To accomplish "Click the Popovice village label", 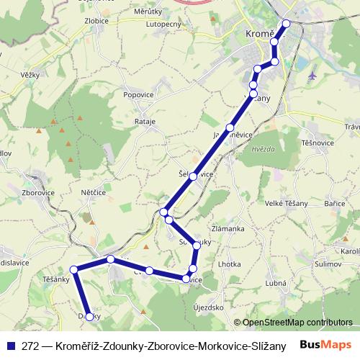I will click(x=139, y=94).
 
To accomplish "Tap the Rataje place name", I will click(x=145, y=122).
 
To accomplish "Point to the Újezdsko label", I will click(x=208, y=307).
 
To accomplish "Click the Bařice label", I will click(x=335, y=204).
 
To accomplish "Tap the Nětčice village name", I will click(x=94, y=194).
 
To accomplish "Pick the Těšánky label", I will click(x=55, y=279).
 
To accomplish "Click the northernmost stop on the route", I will click(x=287, y=23).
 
